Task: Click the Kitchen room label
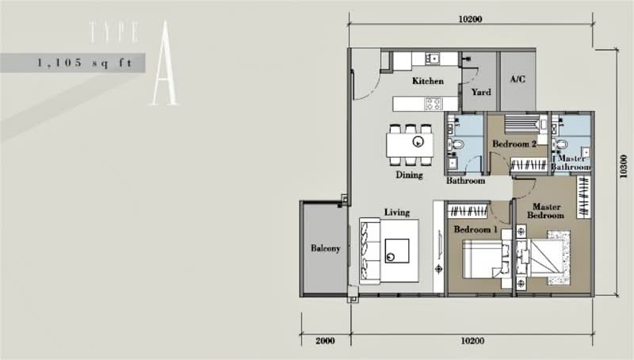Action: tap(428, 81)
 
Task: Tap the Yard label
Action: tap(481, 92)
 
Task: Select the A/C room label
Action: tap(518, 79)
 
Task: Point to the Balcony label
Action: tap(325, 248)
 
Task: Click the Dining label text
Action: tap(409, 175)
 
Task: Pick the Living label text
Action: tap(397, 213)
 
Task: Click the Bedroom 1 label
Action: tap(475, 230)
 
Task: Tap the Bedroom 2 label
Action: tap(514, 144)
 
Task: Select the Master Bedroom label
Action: tap(545, 211)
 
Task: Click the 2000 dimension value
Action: tap(325, 341)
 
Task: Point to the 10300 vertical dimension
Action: tap(623, 166)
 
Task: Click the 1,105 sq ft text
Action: tap(85, 63)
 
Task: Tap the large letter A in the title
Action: tap(165, 63)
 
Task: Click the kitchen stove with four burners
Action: tap(433, 104)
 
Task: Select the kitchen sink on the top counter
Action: tap(433, 59)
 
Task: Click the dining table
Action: tap(410, 145)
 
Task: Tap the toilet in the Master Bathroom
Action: tap(560, 144)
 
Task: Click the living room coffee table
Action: tap(397, 251)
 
